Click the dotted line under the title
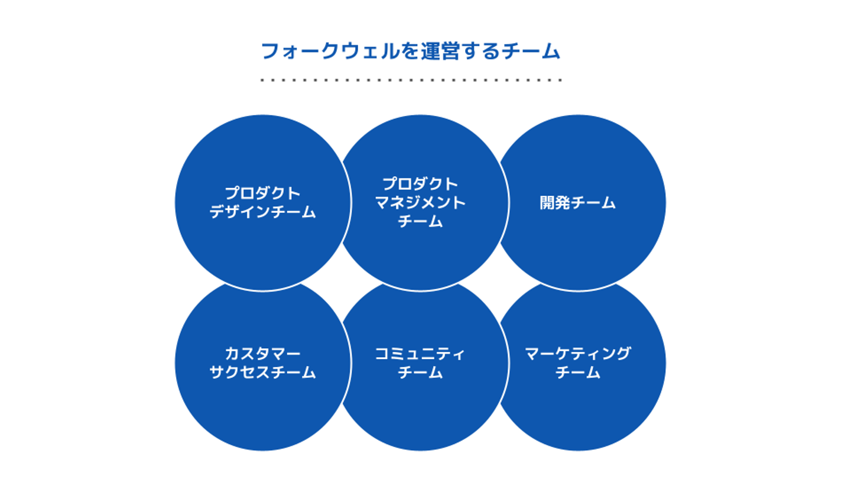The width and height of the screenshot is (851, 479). [x=411, y=79]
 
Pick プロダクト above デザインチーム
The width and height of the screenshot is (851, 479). [x=262, y=193]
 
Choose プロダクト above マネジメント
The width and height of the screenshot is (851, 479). [x=420, y=184]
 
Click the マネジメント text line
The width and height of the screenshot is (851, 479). [x=420, y=203]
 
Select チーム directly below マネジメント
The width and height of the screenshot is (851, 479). [x=420, y=222]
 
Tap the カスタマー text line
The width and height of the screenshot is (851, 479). [x=262, y=354]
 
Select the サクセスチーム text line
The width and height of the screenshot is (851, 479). [x=262, y=373]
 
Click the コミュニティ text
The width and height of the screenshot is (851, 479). [x=420, y=354]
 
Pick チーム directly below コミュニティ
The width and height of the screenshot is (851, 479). [x=420, y=373]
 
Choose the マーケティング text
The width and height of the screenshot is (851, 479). [x=578, y=354]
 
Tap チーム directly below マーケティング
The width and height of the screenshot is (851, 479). [x=578, y=373]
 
